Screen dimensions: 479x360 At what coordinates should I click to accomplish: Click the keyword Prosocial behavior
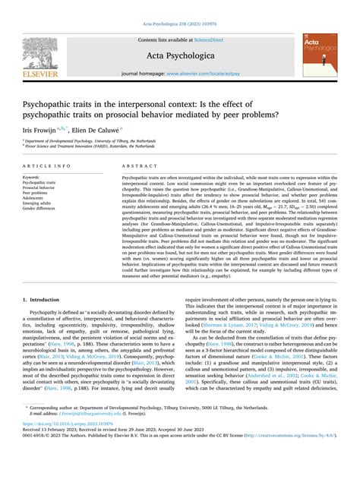tap(41, 184)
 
